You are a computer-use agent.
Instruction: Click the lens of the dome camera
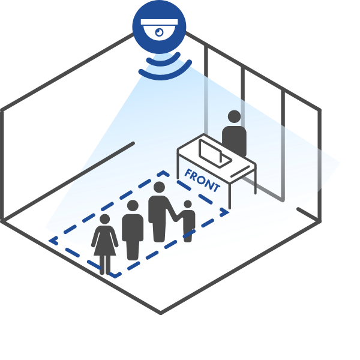158,33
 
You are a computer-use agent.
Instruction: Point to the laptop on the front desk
213,154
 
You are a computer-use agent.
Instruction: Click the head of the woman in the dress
105,219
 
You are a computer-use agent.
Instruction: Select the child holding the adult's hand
188,222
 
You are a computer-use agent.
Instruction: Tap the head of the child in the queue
188,205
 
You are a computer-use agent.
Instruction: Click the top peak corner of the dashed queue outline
159,173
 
